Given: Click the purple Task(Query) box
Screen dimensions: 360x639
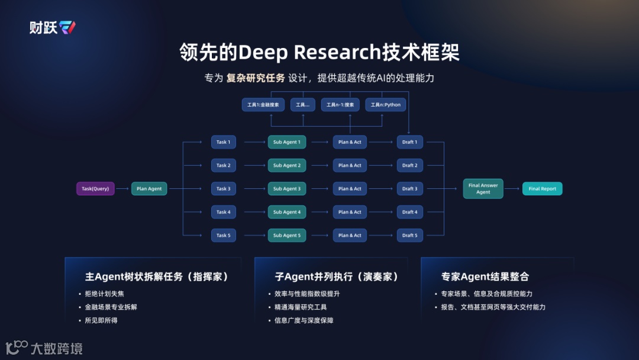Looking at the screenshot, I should click(x=95, y=189).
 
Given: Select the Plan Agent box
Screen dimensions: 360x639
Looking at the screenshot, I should click(x=149, y=189).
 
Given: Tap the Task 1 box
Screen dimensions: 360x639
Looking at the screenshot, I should click(x=223, y=142).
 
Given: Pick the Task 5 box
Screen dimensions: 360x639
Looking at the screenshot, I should click(x=223, y=236).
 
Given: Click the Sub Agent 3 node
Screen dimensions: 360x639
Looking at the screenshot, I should click(x=286, y=189).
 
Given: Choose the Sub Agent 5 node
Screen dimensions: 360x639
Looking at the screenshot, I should click(x=286, y=236).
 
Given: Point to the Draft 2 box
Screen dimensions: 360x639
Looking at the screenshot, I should click(x=409, y=165).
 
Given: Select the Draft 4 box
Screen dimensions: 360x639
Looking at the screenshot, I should click(x=409, y=212).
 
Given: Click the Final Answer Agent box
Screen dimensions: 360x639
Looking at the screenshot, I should click(x=483, y=189).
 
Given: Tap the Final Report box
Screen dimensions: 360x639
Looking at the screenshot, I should click(x=542, y=189).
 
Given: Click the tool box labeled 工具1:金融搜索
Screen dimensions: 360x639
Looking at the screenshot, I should click(x=263, y=105).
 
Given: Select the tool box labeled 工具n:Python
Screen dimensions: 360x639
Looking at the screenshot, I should click(x=385, y=105).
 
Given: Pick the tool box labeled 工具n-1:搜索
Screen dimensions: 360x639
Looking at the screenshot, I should click(x=340, y=105).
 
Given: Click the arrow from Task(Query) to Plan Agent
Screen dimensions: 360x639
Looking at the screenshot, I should click(x=122, y=189).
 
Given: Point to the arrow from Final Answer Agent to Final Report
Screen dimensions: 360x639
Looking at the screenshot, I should click(x=512, y=189).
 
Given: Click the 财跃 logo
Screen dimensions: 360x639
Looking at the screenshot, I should click(x=53, y=27).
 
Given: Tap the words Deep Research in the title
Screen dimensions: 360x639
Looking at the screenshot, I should click(x=308, y=53).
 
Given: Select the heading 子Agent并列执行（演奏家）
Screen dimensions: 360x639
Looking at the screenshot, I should click(x=337, y=277).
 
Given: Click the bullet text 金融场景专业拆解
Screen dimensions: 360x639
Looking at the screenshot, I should click(x=111, y=307).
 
